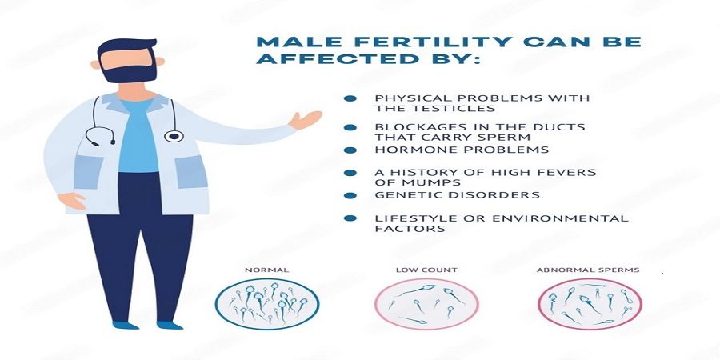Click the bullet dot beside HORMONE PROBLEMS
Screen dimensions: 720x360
pyautogui.click(x=350, y=150)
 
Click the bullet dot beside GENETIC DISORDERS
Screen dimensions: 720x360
pyautogui.click(x=350, y=195)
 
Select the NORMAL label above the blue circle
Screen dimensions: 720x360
pyautogui.click(x=266, y=270)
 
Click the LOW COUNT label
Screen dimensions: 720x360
pyautogui.click(x=426, y=270)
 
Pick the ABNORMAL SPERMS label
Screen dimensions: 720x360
pyautogui.click(x=588, y=270)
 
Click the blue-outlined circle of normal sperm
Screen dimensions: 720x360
pyautogui.click(x=266, y=280)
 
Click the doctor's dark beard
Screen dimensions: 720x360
pyautogui.click(x=129, y=74)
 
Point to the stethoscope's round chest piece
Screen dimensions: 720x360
pyautogui.click(x=174, y=136)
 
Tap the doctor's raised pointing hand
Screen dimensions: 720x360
pyautogui.click(x=305, y=120)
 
